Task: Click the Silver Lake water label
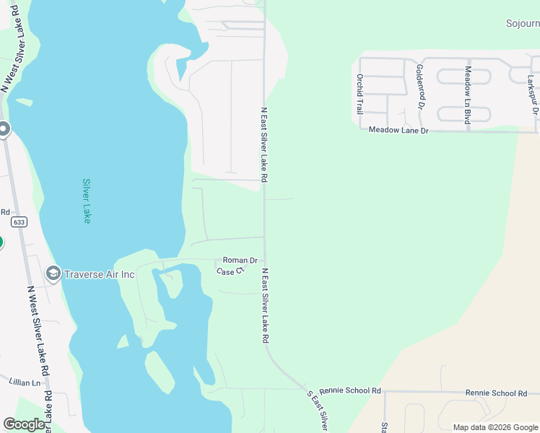[x=87, y=201]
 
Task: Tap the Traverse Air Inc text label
[x=100, y=274]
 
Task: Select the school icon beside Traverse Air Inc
[x=53, y=274]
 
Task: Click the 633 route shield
[x=19, y=222]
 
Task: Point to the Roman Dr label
[x=240, y=260]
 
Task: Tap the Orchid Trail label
[x=359, y=94]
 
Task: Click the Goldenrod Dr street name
[x=419, y=86]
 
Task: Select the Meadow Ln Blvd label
[x=468, y=95]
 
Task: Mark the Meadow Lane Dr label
[x=399, y=131]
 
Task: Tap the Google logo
[x=24, y=424]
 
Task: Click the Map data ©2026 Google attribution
[x=495, y=427]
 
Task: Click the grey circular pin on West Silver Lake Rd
[x=4, y=130]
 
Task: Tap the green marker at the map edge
[x=1, y=242]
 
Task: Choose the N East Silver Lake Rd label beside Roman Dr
[x=265, y=305]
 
